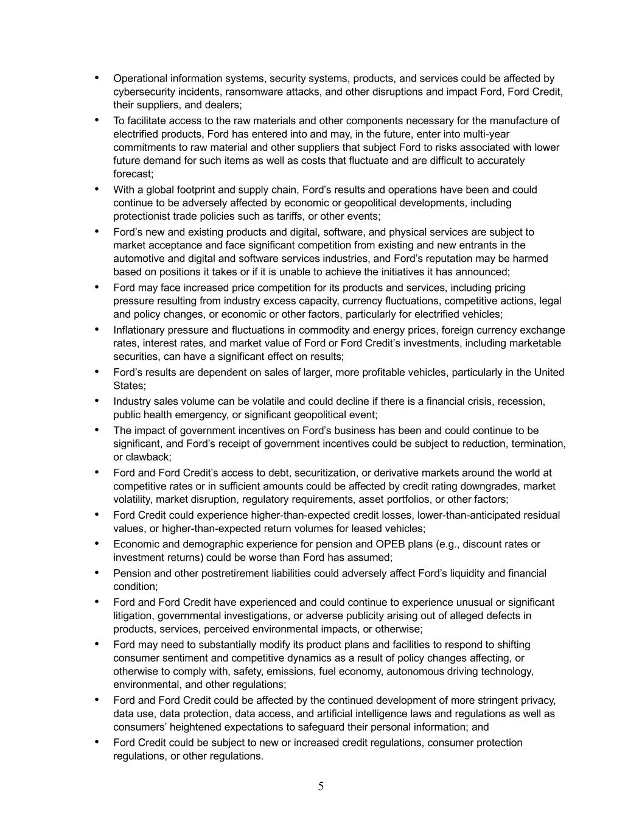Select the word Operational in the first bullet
(141, 79)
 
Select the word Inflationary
(140, 330)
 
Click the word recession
(522, 402)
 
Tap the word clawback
(148, 457)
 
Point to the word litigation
(133, 616)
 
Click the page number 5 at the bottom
(321, 787)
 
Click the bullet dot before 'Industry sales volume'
(96, 401)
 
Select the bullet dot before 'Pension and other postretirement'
(96, 572)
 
